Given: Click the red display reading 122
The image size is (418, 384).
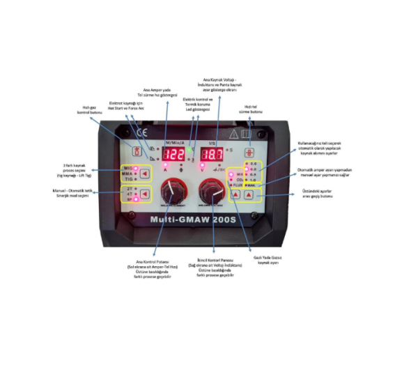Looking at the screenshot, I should click(x=174, y=155).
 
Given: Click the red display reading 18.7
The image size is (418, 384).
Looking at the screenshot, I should click(x=212, y=155).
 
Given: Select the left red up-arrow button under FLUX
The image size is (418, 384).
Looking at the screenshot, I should click(x=236, y=196).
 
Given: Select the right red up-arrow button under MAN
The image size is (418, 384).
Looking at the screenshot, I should click(x=249, y=196).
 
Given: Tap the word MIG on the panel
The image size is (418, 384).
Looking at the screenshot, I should click(x=128, y=169).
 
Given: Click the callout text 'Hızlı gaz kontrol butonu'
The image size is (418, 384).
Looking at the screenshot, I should click(x=92, y=110).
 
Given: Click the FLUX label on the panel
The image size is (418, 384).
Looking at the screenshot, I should click(x=237, y=185).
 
